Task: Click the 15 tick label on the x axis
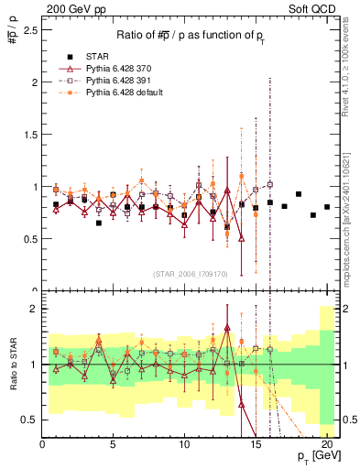point(255,446)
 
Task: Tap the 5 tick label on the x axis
point(113,446)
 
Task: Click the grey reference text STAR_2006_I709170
point(190,273)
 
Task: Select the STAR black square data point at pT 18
point(299,194)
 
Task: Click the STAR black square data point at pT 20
point(327,207)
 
